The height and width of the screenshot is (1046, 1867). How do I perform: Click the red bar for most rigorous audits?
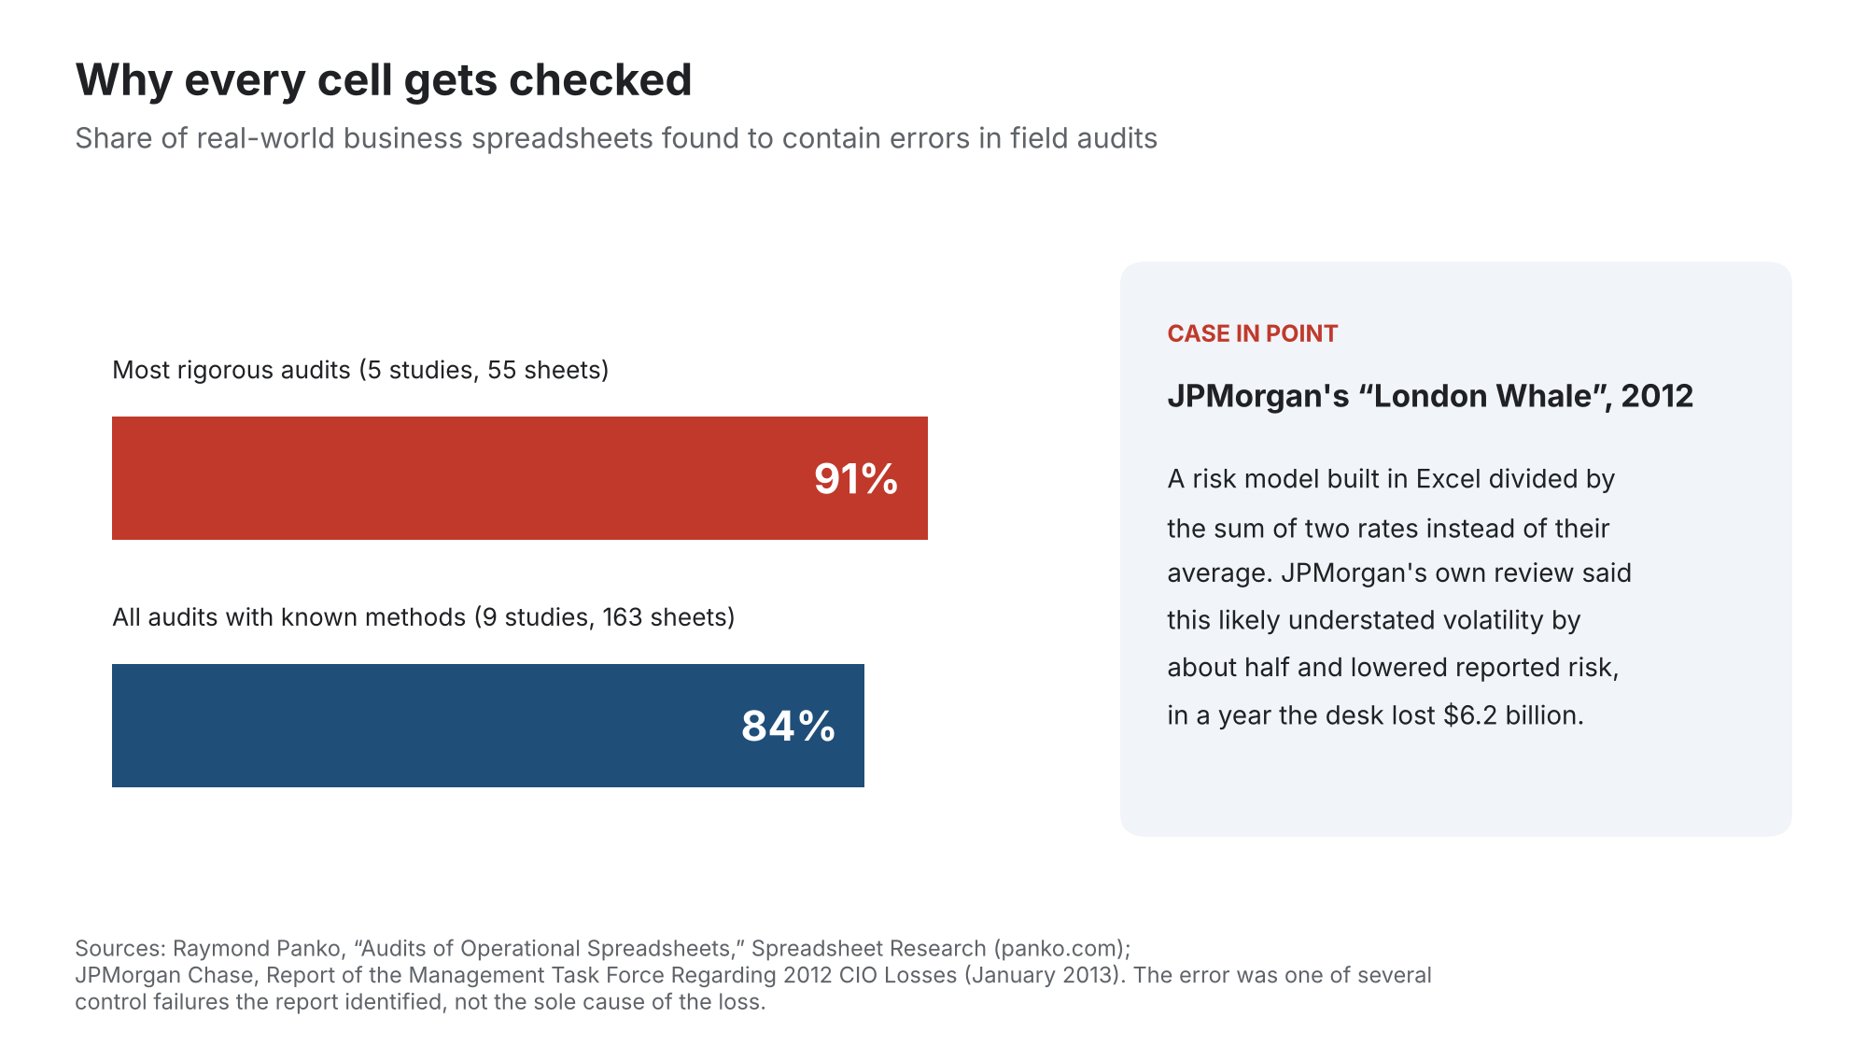(520, 478)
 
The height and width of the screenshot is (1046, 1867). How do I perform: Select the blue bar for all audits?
(488, 726)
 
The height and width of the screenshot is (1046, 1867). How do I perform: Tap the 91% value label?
(856, 479)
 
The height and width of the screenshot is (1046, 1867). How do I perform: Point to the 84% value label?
(789, 727)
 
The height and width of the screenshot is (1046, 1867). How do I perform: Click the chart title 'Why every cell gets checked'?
(384, 80)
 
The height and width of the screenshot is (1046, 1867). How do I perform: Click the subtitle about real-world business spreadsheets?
(616, 138)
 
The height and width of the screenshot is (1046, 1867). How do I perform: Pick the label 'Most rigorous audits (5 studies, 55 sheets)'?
(360, 370)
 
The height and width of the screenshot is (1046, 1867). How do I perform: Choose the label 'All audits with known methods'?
(288, 617)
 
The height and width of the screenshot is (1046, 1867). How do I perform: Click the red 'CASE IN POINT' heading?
(1253, 333)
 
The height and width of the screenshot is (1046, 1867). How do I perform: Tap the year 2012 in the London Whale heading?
(1657, 396)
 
